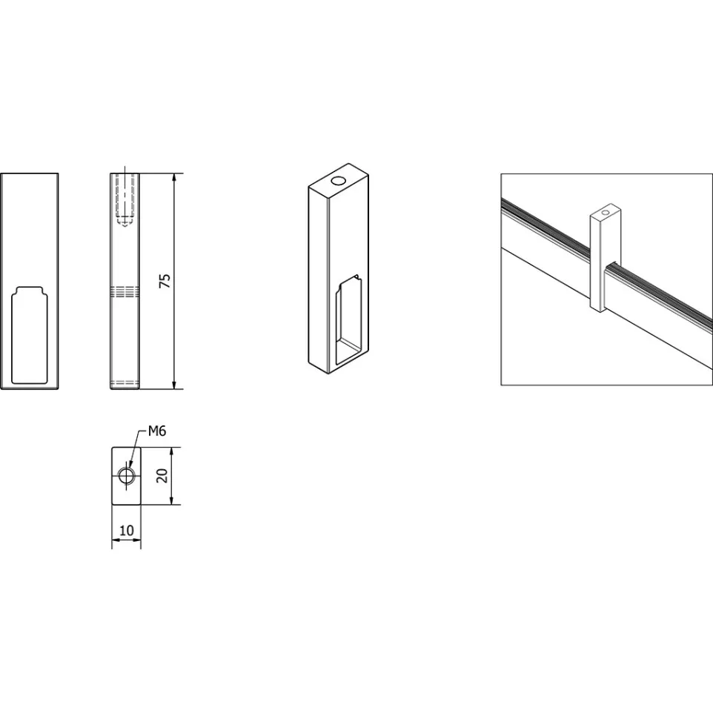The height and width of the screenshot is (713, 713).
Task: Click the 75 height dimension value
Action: [x=165, y=281]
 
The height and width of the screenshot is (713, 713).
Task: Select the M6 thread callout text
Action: [x=157, y=431]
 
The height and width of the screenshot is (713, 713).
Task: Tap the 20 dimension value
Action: [x=162, y=476]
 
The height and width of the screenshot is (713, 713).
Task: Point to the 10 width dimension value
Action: [x=127, y=530]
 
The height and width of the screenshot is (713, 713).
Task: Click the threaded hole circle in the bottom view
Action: [x=126, y=476]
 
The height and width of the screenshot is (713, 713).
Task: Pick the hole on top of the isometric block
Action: [x=338, y=181]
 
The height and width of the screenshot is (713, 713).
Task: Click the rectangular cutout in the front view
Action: [x=29, y=335]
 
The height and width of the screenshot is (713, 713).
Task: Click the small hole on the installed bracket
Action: [x=606, y=213]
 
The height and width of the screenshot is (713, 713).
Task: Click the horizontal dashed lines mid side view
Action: [x=125, y=292]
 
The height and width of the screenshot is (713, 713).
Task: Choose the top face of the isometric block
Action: [x=338, y=181]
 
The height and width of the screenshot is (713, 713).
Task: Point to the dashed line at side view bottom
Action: [x=125, y=382]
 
